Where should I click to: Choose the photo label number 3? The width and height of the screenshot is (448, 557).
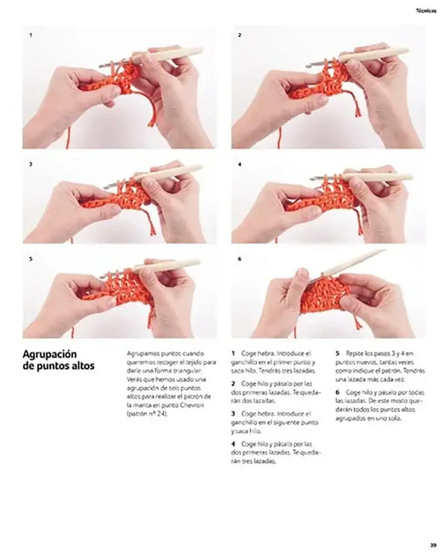click(31, 163)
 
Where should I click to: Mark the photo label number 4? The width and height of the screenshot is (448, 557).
click(239, 163)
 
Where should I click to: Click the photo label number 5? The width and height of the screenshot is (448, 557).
click(31, 259)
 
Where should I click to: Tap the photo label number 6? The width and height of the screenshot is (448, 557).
click(239, 259)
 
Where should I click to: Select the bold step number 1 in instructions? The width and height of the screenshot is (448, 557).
click(233, 352)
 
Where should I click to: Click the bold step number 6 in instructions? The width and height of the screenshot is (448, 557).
click(337, 392)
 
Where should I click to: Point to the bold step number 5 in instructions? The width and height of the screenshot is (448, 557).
click(337, 352)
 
